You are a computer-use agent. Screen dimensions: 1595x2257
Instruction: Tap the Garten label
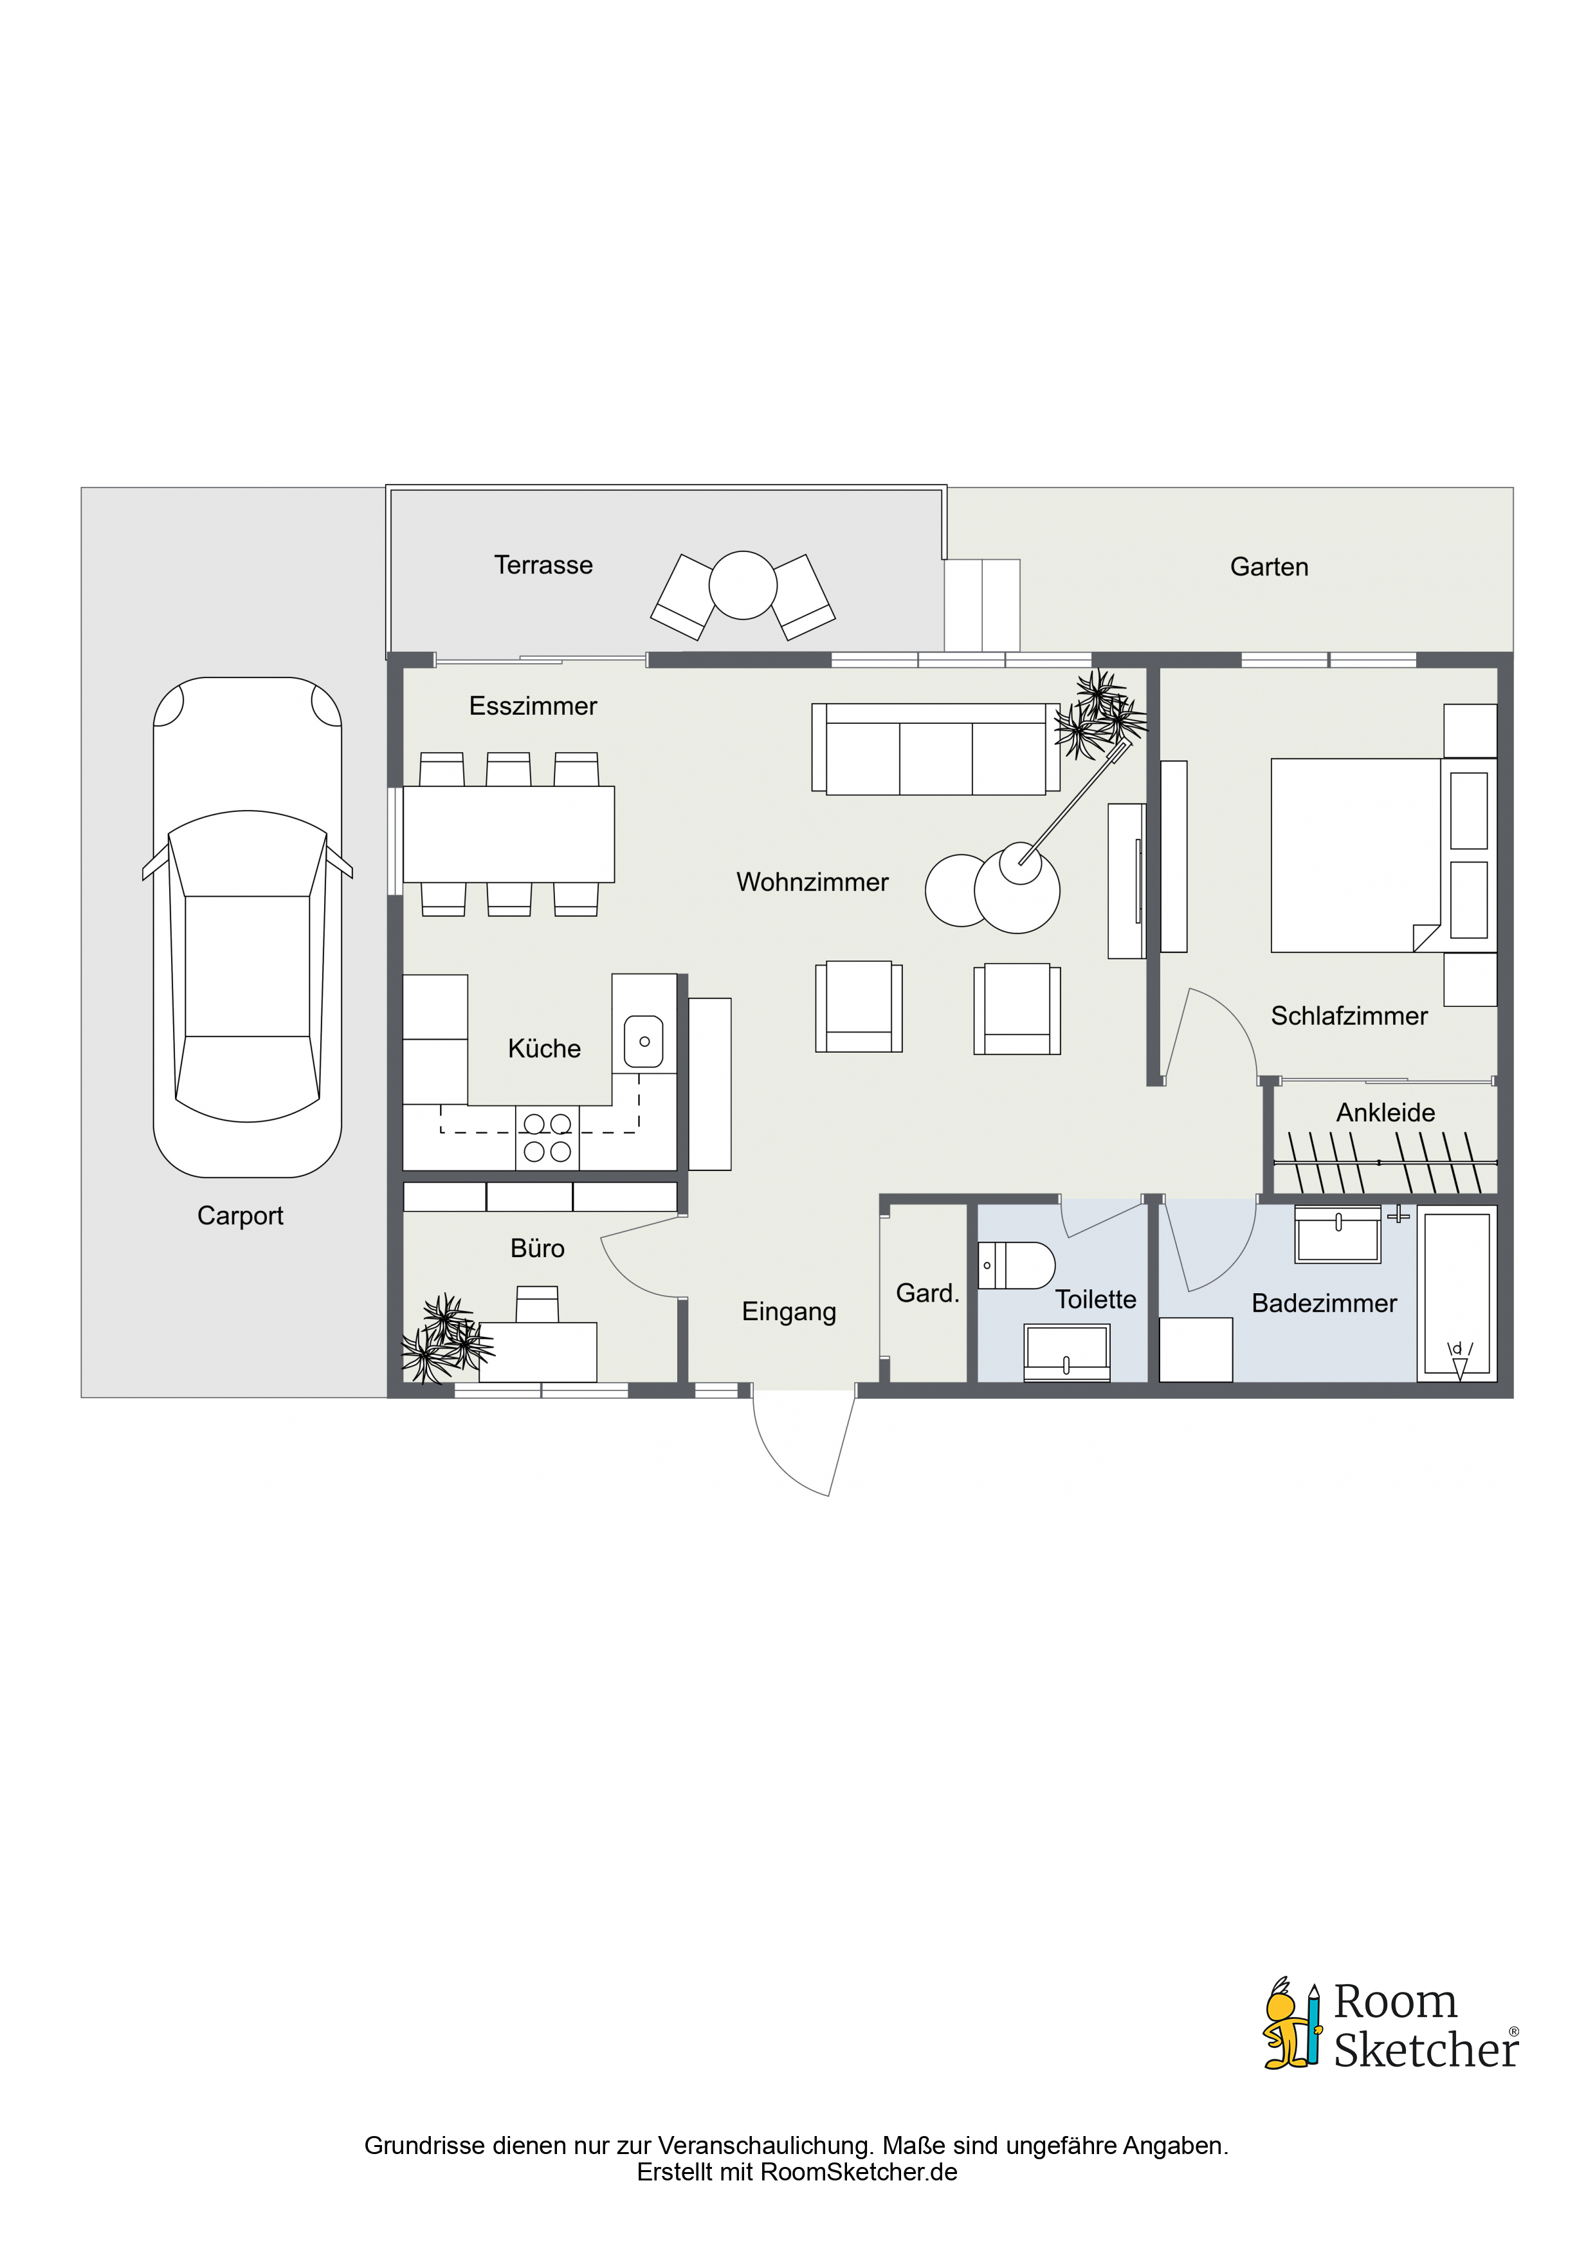(1269, 567)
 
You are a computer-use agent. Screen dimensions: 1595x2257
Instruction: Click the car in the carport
(248, 927)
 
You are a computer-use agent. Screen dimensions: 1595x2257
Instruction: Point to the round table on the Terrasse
(743, 585)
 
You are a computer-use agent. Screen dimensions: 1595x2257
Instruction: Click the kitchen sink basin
(644, 1041)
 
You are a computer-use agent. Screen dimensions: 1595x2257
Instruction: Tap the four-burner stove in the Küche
(547, 1138)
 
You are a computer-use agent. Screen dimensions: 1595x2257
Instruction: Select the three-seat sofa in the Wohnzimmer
(936, 749)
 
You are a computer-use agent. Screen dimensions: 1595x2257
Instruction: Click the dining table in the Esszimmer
(509, 834)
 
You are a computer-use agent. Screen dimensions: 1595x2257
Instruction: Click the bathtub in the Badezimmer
(1457, 1294)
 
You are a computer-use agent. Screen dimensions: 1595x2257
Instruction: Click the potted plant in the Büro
(447, 1338)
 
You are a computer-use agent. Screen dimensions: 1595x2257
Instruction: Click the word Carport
(240, 1216)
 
